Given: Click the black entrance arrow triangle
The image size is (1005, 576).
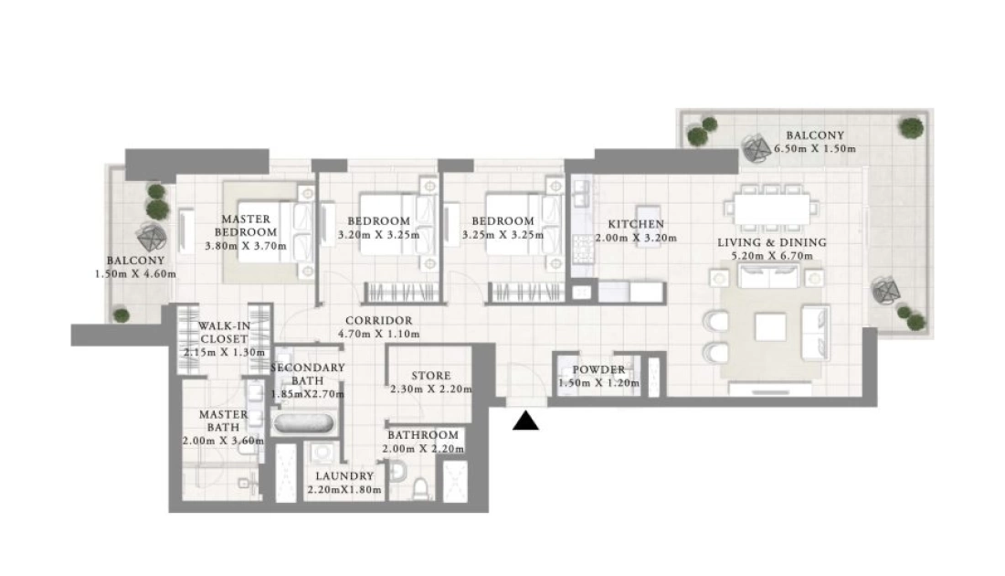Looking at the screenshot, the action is coord(525,421).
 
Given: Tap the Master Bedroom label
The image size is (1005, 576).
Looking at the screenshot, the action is coord(246,225).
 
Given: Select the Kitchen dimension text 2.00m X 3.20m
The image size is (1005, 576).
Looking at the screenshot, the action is coord(636,238).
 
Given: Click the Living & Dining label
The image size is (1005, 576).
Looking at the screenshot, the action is coord(772,242).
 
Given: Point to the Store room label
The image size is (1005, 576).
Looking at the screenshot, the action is coord(430,375).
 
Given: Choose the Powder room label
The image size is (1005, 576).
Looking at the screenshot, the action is coord(598,369).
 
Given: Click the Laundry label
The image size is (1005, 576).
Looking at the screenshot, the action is coord(344,476).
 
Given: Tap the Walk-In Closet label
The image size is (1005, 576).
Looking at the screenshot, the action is coord(224,332).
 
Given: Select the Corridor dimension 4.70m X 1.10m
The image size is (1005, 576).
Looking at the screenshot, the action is coord(379,334).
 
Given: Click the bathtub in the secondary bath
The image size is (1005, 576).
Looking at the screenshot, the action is coord(303,424).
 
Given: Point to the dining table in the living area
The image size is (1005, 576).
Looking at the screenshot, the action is coord(772,209).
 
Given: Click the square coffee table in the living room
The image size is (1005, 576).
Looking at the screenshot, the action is coord(770,327).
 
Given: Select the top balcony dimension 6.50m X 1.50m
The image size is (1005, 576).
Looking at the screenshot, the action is coord(815,149).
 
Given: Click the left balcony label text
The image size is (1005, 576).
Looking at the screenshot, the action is coord(135,261).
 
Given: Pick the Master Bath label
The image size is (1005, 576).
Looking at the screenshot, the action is coord(223,421).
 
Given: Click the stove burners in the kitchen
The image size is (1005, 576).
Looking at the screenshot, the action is coord(583,249).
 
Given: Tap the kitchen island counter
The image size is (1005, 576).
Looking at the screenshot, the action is coord(648,217).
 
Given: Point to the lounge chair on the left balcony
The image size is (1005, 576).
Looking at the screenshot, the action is coord(152,238).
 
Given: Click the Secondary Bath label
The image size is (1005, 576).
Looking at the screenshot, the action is coord(308,374).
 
